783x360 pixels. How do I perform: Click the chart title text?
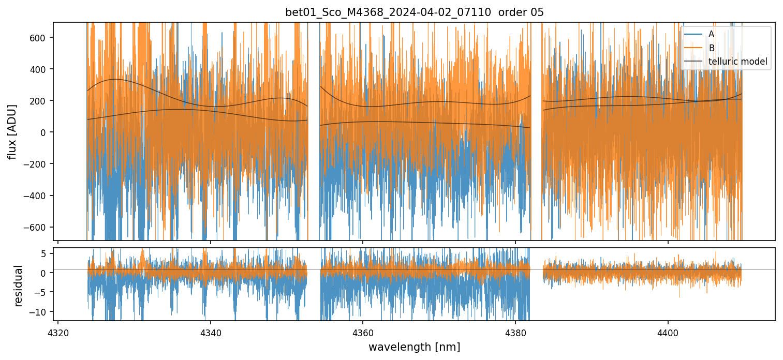pos(414,12)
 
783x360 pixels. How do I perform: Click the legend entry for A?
pos(711,34)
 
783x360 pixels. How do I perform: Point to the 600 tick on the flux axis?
pos(38,37)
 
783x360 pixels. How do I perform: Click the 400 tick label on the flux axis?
pos(38,69)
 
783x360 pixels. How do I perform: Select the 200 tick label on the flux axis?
pos(38,100)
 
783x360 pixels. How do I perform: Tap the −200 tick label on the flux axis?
pos(36,164)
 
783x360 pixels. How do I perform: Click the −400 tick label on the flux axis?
pos(36,196)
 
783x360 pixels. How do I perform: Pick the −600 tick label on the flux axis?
pos(36,227)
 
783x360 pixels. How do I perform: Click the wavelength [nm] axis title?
pos(414,347)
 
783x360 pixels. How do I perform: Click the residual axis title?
pos(19,286)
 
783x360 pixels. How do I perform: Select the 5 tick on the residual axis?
pos(44,253)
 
